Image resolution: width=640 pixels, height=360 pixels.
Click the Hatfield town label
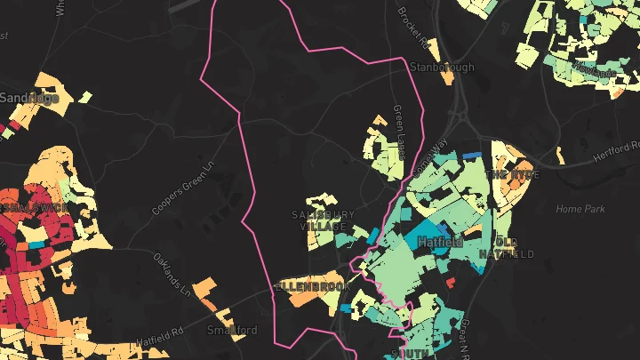click(x=436, y=241)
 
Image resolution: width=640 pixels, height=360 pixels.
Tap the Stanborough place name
click(x=442, y=68)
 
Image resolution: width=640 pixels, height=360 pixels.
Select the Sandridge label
click(x=29, y=98)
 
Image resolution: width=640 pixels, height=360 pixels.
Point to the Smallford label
click(x=232, y=330)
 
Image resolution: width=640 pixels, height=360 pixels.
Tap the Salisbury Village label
click(x=323, y=221)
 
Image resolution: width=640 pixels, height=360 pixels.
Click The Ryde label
click(x=511, y=175)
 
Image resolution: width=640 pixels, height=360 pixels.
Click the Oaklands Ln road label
click(x=172, y=276)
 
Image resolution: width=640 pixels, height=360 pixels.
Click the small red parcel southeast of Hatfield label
click(x=451, y=283)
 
